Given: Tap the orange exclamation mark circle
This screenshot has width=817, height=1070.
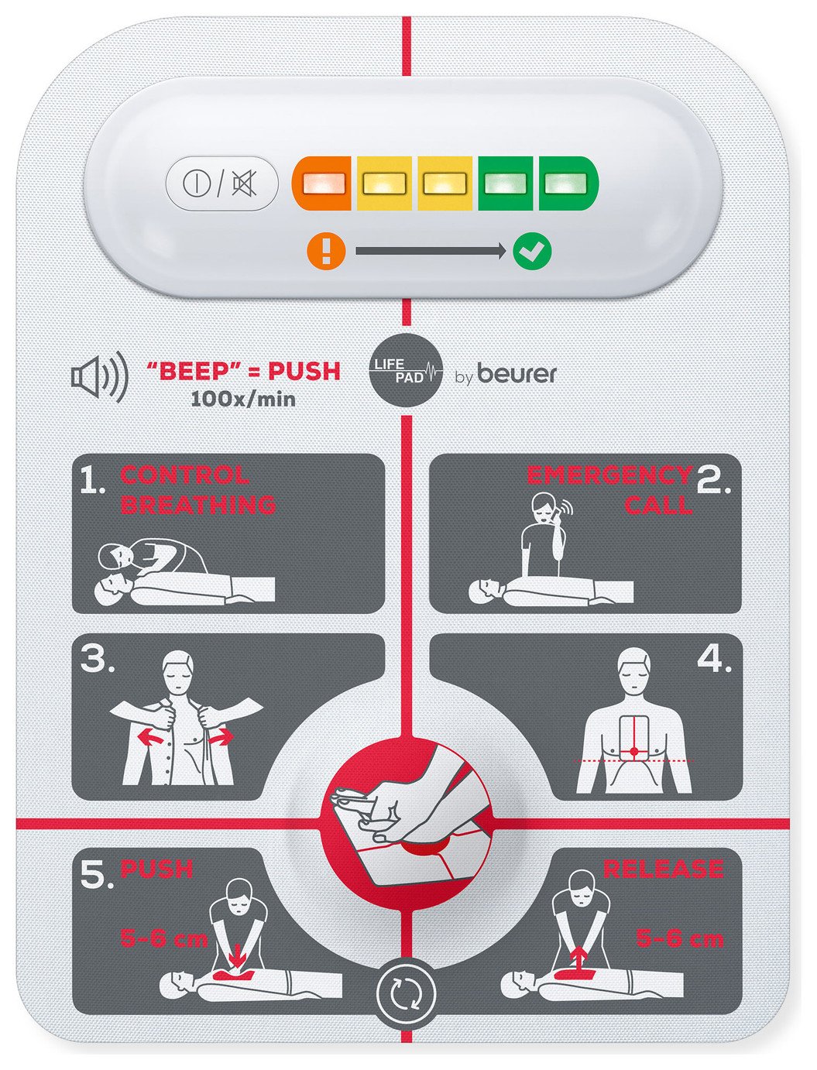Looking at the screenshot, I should (325, 251).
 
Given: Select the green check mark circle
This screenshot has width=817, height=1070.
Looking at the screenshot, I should (532, 251).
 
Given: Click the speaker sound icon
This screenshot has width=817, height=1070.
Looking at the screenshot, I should (99, 377).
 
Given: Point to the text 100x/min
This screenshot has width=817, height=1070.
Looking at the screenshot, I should (242, 400).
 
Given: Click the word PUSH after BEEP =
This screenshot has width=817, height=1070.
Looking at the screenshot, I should (304, 372).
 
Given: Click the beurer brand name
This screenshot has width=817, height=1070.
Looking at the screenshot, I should (517, 374).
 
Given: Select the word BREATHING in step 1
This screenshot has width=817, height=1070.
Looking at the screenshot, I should (198, 505).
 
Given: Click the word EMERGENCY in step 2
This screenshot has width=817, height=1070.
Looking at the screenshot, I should (609, 475).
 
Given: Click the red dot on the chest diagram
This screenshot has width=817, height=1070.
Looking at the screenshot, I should (633, 751).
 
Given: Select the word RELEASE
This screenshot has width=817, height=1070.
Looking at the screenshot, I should (662, 869).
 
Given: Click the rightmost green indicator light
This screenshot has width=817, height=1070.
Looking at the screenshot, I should (568, 184).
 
